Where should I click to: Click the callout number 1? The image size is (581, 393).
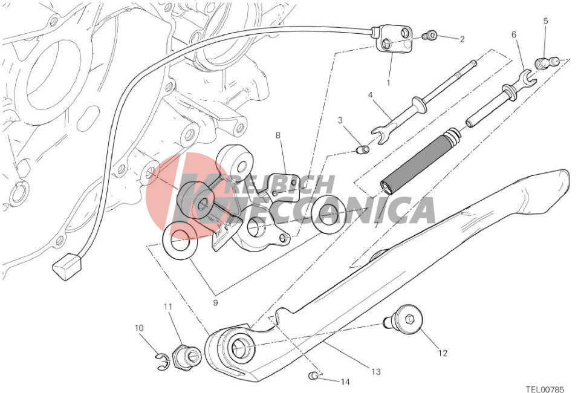pyautogui.click(x=388, y=83)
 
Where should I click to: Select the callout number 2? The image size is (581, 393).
pyautogui.click(x=462, y=39)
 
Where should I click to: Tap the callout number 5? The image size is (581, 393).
pyautogui.click(x=545, y=21)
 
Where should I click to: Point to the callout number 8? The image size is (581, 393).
pyautogui.click(x=278, y=135)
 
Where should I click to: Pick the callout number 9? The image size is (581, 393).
pyautogui.click(x=216, y=303)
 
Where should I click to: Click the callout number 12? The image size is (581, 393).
pyautogui.click(x=443, y=353)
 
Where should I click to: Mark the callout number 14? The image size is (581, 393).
pyautogui.click(x=345, y=382)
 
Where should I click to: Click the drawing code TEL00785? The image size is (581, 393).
pyautogui.click(x=545, y=389)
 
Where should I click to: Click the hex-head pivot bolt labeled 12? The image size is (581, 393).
pyautogui.click(x=404, y=319)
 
